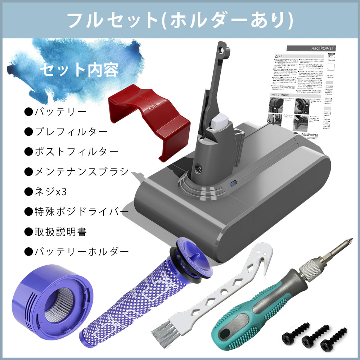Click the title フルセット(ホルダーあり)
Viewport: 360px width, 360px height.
coord(180,21)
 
